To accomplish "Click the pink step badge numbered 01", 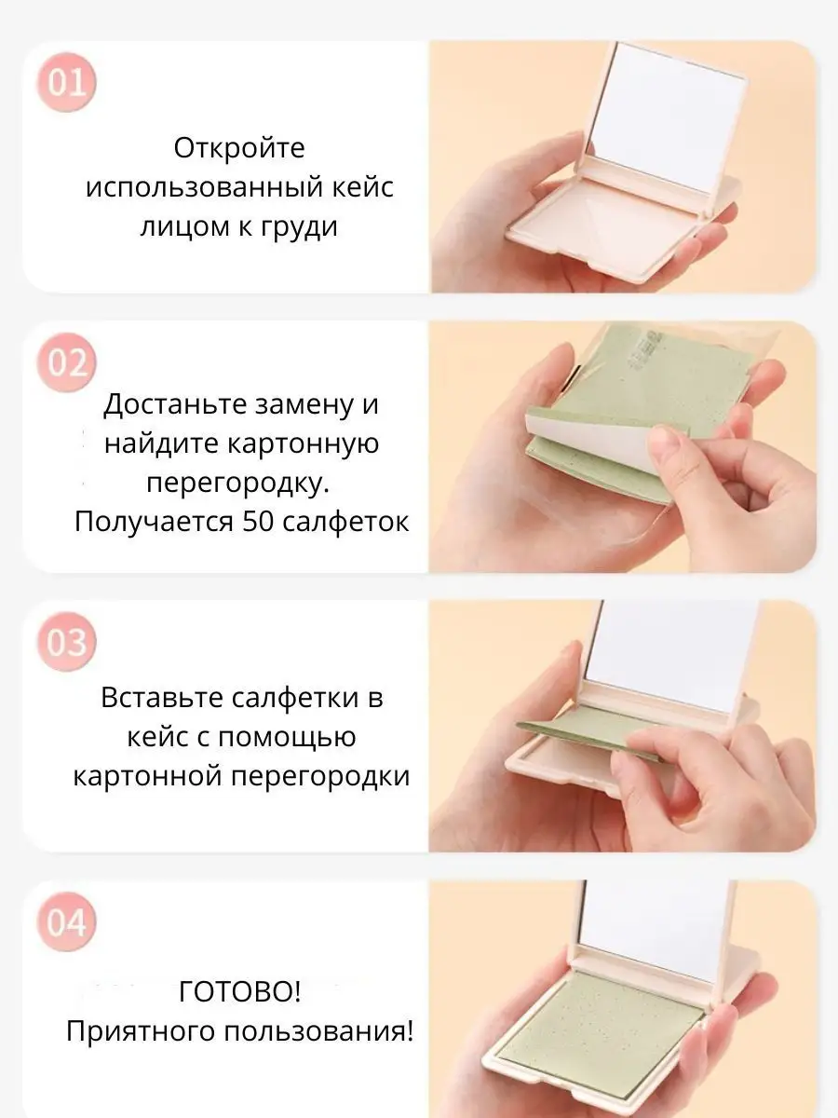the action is pos(66,83).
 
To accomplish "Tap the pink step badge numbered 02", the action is pos(66,362).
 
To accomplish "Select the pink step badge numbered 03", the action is pos(66,642).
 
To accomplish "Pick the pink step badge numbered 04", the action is pos(66,922).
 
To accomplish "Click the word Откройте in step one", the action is pos(239,149).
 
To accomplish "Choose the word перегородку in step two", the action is pos(238,484).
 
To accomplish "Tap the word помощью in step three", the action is pos(287,738).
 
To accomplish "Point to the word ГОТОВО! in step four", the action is pos(239,991).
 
